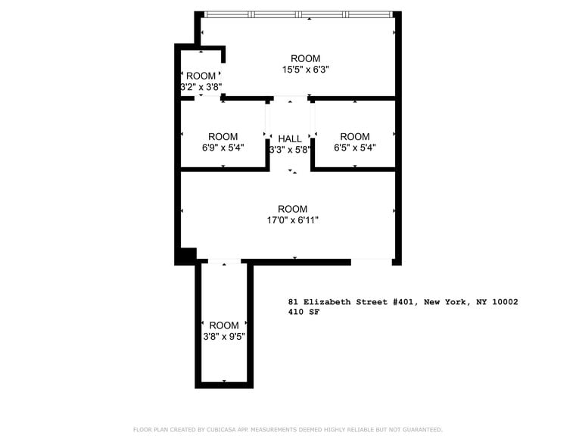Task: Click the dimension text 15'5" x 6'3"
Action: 306,70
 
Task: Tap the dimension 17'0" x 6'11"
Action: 292,220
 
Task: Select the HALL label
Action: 290,138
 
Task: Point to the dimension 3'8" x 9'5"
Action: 224,336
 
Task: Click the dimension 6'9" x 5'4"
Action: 223,148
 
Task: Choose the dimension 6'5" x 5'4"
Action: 355,148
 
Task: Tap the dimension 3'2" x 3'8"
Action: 201,86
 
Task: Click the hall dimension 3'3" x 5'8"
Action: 290,149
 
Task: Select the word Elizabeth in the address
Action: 328,301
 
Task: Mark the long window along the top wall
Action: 298,14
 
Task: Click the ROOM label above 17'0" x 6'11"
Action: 292,209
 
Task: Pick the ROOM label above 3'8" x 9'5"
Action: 224,325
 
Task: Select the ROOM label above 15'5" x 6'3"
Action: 306,58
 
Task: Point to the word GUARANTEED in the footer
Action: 425,429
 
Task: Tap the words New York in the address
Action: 444,301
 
